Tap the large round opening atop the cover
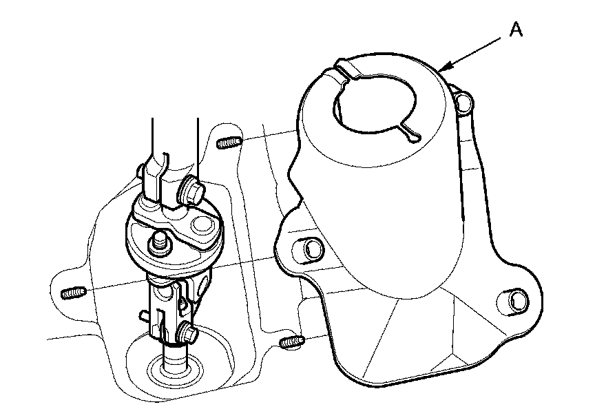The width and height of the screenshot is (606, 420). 375,103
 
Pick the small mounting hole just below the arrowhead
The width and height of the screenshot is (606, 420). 463,102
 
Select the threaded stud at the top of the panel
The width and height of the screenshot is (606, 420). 229,143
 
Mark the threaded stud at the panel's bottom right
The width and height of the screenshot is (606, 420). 291,341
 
